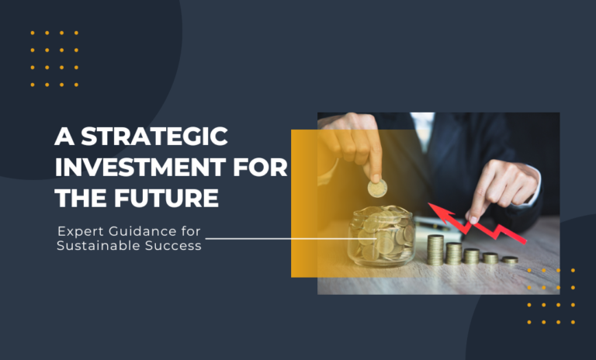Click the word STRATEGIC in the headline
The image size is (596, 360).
(x=154, y=138)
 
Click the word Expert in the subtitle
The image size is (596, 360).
(x=77, y=231)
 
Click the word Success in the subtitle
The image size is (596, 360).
(x=172, y=246)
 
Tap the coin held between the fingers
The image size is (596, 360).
(x=377, y=188)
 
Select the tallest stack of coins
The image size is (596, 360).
(x=435, y=249)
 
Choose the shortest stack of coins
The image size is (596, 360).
(x=509, y=260)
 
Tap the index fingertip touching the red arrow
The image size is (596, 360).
(x=472, y=219)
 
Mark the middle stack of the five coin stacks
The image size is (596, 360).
(x=472, y=255)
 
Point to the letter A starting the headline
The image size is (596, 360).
(x=62, y=138)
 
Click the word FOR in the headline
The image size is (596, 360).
(x=264, y=168)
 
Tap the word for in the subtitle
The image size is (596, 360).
(x=181, y=231)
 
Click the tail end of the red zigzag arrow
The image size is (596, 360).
(x=524, y=241)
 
